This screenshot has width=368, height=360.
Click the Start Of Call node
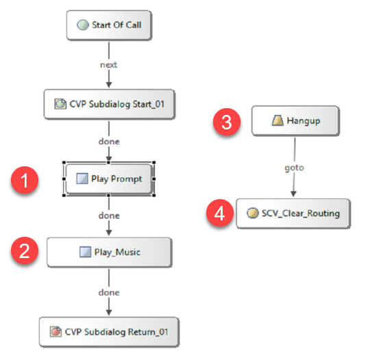(109, 25)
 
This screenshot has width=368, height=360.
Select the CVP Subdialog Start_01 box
(110, 104)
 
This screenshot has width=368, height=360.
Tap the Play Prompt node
(109, 179)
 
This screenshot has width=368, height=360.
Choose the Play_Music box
(110, 253)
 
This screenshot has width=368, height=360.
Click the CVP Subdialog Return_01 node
(109, 332)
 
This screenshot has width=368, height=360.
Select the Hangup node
(296, 120)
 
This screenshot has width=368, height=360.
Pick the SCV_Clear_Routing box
(293, 214)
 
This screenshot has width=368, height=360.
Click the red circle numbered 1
(25, 180)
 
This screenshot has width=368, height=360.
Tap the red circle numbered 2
(25, 250)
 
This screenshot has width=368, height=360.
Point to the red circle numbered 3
(227, 122)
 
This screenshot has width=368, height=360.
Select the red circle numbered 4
(220, 213)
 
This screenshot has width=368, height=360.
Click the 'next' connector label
(109, 65)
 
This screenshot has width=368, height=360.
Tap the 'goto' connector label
(294, 168)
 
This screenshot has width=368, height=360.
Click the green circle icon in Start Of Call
(83, 25)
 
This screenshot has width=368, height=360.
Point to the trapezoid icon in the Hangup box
(278, 120)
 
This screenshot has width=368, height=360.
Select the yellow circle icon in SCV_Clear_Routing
(253, 213)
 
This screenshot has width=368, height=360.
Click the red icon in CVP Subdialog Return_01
(56, 332)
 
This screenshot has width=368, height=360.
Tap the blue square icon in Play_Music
(85, 252)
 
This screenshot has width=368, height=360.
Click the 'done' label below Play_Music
(109, 292)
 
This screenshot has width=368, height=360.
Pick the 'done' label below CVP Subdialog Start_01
(109, 142)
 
